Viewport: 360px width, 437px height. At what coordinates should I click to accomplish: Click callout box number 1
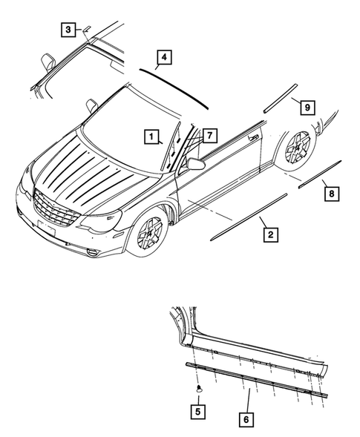[151, 137]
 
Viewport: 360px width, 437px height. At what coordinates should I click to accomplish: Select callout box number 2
[271, 235]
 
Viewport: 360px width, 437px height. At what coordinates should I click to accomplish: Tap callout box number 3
[68, 30]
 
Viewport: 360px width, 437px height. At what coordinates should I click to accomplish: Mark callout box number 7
[209, 135]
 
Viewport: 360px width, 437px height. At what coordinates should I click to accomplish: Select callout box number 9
[305, 107]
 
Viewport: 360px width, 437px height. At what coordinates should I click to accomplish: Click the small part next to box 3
[87, 27]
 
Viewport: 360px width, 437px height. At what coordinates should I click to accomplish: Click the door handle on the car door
[254, 137]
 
